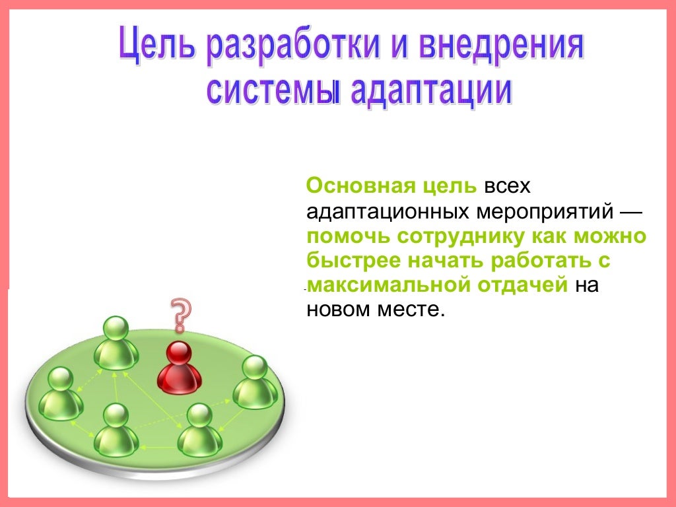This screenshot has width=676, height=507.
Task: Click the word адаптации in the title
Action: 430,91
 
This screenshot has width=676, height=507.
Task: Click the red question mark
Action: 180,314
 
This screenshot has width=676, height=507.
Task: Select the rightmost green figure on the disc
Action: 255,383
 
